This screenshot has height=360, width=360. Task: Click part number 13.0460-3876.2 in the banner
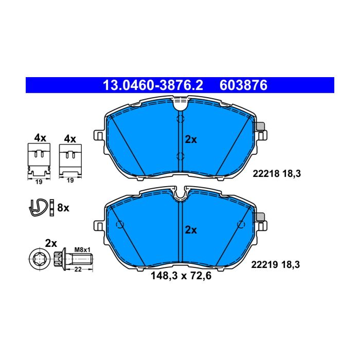pyautogui.click(x=153, y=85)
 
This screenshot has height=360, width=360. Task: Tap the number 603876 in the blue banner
pyautogui.click(x=243, y=85)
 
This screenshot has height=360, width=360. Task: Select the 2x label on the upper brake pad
pyautogui.click(x=191, y=139)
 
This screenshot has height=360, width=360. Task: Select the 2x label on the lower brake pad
pyautogui.click(x=191, y=230)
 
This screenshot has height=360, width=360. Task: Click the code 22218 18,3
pyautogui.click(x=277, y=174)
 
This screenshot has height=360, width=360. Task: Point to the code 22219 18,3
pyautogui.click(x=276, y=264)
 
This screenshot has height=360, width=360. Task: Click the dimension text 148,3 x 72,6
pyautogui.click(x=181, y=276)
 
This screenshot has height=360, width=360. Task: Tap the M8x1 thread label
pyautogui.click(x=82, y=250)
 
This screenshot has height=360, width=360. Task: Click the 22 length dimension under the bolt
pyautogui.click(x=78, y=269)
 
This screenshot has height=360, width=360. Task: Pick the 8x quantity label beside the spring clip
pyautogui.click(x=63, y=208)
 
